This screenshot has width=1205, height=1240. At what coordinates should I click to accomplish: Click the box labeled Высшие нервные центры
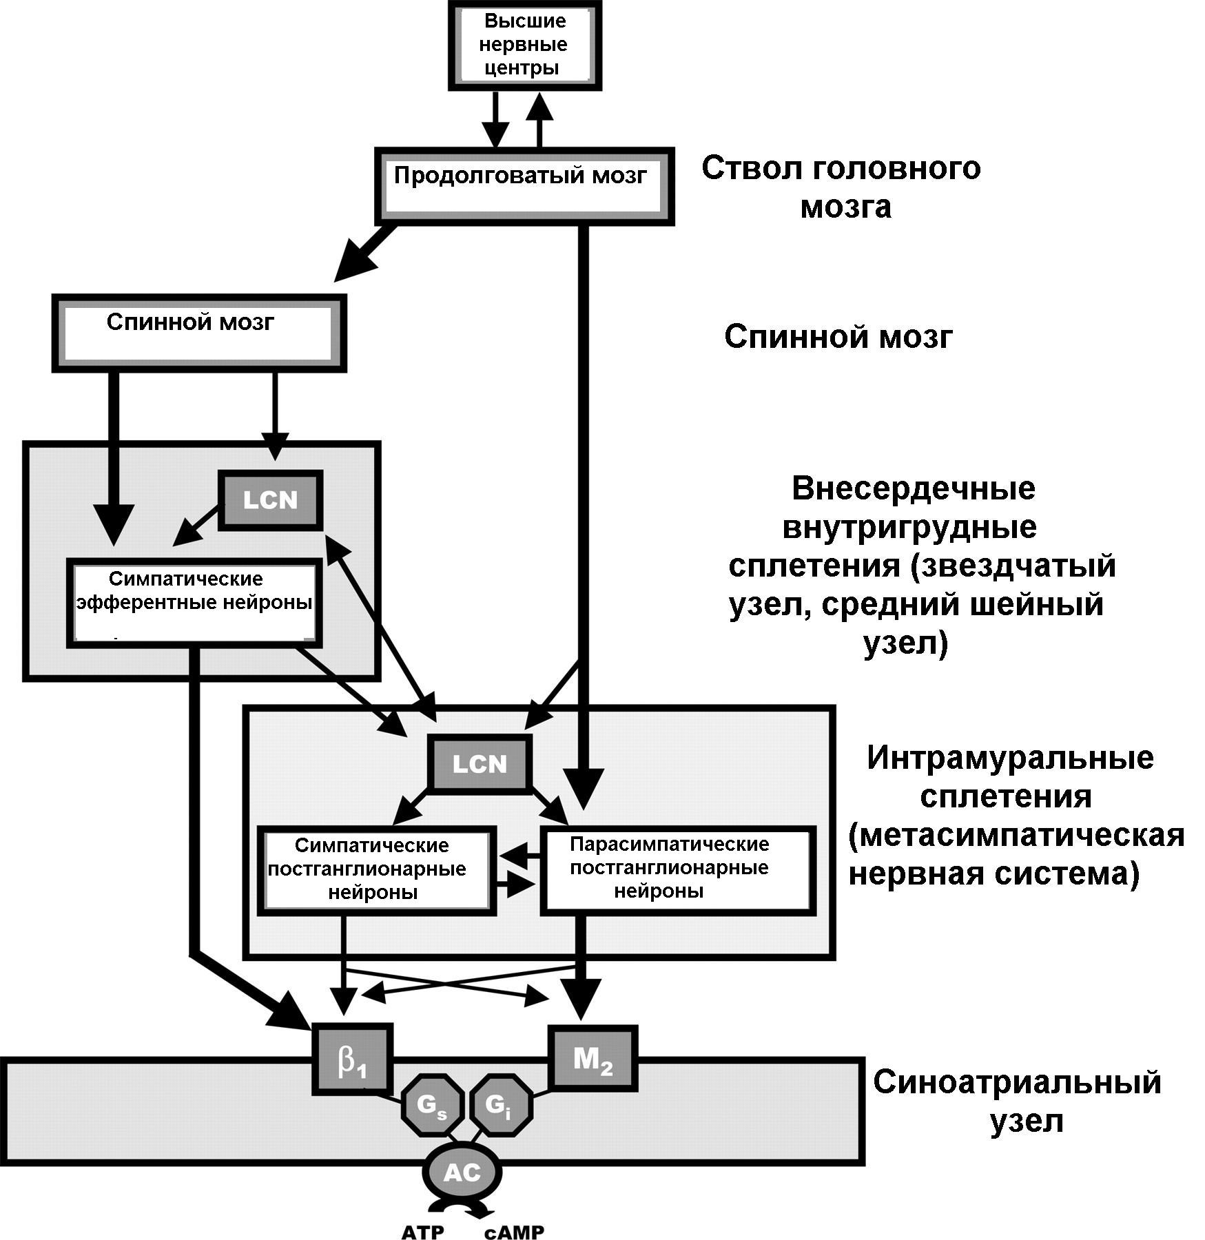click(x=524, y=45)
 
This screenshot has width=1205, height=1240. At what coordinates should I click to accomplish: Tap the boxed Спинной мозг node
click(x=198, y=334)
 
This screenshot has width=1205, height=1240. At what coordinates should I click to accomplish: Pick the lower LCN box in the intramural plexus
click(x=480, y=763)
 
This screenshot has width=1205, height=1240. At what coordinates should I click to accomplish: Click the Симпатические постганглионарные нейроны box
click(x=376, y=871)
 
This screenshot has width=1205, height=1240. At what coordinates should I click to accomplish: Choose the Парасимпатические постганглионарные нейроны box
click(x=678, y=871)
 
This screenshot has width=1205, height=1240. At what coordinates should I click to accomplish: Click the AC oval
click(x=462, y=1172)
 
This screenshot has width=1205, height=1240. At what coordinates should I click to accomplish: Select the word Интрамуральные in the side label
click(x=1010, y=758)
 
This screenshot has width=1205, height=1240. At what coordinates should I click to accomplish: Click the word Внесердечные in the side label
click(x=913, y=489)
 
